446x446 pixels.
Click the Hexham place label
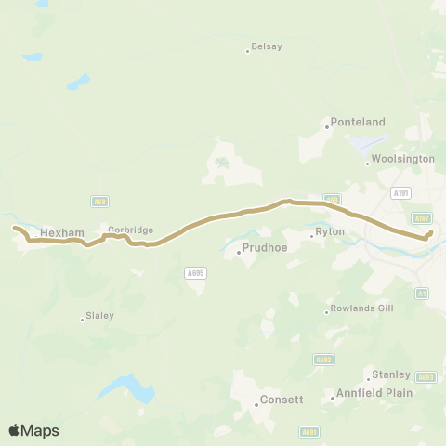[x=62, y=232]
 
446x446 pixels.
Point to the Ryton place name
[x=330, y=231]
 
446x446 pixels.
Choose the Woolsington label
[x=403, y=159]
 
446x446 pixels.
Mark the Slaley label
[x=98, y=316]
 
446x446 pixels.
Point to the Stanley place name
[x=390, y=374]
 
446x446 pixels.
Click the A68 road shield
[x=98, y=201]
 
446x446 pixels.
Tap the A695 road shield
[x=194, y=272]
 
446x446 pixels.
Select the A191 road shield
[x=400, y=192]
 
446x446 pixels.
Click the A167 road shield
[x=422, y=218]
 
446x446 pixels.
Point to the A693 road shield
[x=426, y=377]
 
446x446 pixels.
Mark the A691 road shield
[x=309, y=432]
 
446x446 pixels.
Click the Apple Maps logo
[x=33, y=430]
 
